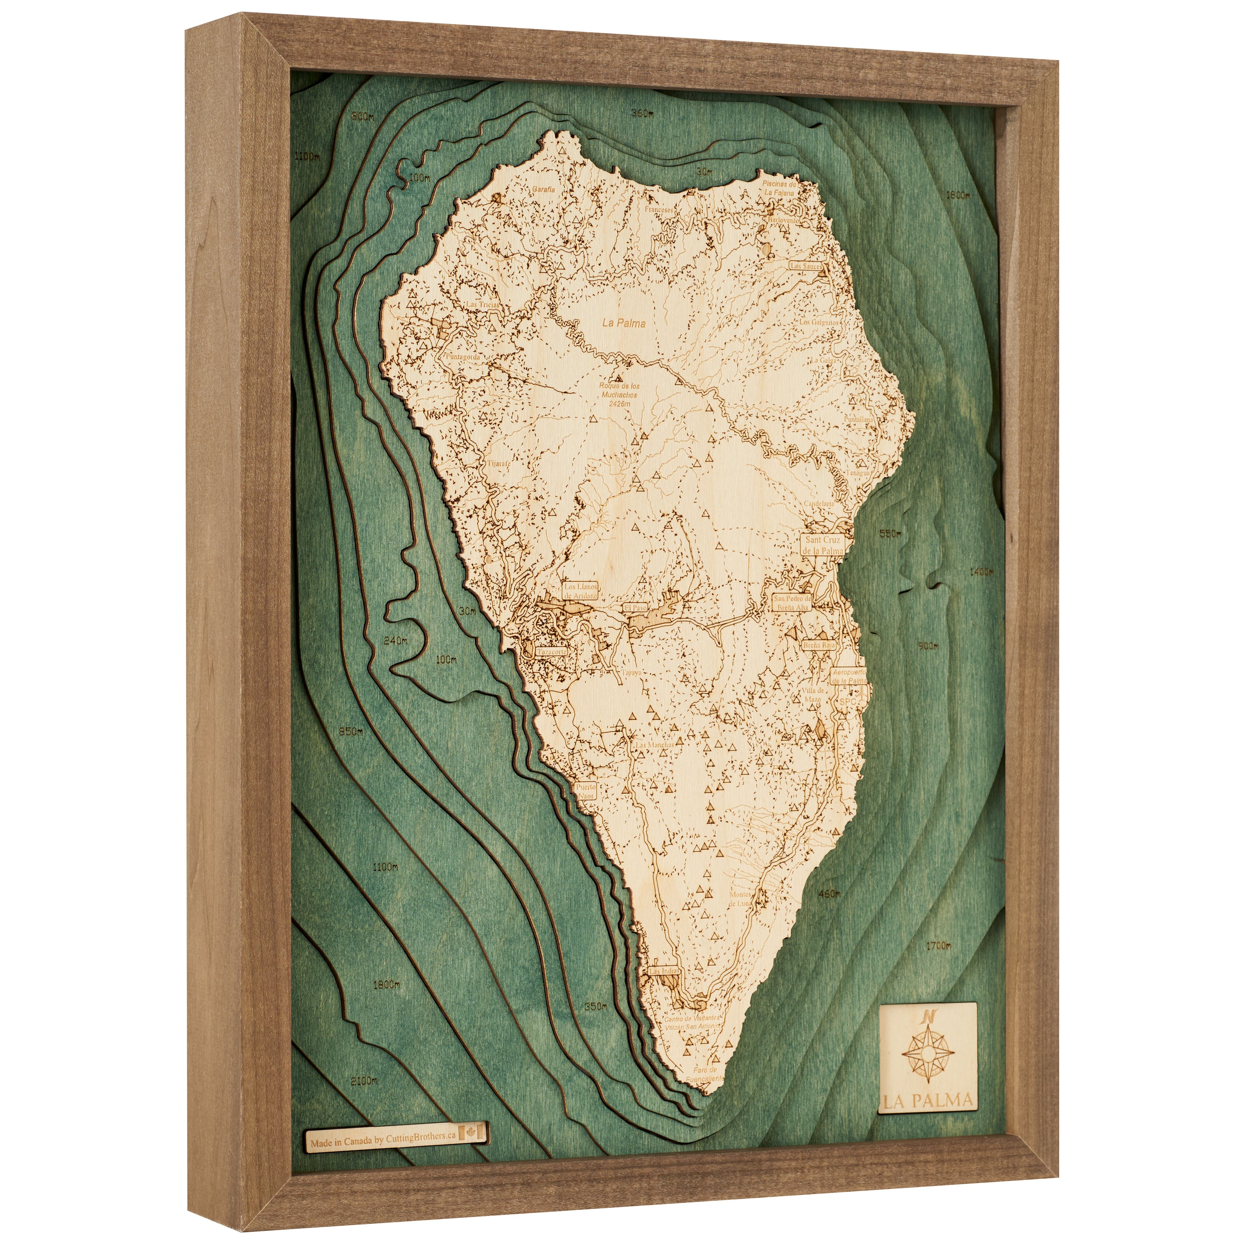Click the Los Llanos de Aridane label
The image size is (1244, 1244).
[x=582, y=591]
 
